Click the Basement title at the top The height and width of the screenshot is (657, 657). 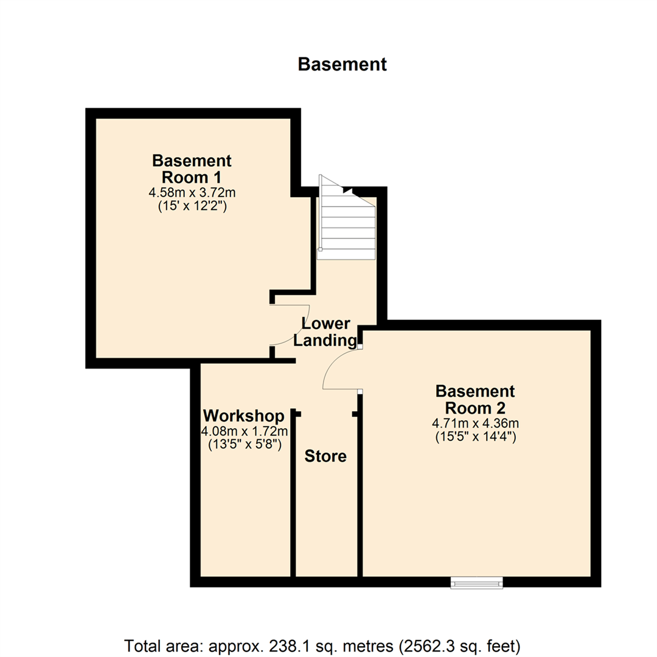click(342, 64)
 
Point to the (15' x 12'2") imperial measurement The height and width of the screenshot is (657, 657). click(192, 206)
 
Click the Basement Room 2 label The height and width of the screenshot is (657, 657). click(475, 398)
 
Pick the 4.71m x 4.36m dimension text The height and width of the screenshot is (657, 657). click(475, 423)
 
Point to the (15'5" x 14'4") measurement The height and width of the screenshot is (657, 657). click(475, 436)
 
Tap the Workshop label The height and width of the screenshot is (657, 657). click(243, 416)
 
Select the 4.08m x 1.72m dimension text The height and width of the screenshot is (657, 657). click(243, 431)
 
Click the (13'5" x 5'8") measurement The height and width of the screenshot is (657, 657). click(243, 445)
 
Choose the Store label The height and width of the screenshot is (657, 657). click(325, 456)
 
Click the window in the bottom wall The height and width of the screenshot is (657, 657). click(477, 583)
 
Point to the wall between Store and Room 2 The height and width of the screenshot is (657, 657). click(360, 487)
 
